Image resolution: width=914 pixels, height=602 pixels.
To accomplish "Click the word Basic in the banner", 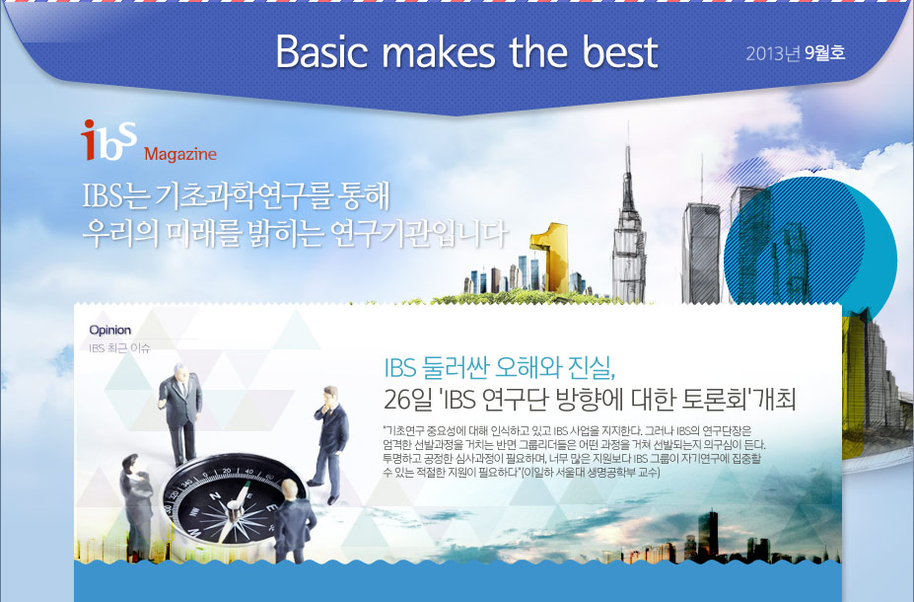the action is click(x=321, y=52).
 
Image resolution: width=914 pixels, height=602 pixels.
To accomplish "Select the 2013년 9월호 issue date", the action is click(x=795, y=53).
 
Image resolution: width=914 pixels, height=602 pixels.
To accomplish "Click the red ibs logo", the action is click(x=109, y=140).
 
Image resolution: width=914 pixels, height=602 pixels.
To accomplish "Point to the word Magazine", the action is click(x=180, y=154).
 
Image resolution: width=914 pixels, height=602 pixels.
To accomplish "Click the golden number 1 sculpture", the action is click(x=550, y=256).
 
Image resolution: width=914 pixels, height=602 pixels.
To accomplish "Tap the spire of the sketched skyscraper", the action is click(x=628, y=169).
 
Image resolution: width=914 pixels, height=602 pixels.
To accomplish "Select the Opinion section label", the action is click(x=110, y=331).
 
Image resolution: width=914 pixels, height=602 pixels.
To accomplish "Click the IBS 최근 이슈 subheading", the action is click(x=119, y=348).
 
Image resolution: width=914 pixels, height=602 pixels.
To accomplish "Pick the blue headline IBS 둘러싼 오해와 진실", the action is click(x=500, y=367).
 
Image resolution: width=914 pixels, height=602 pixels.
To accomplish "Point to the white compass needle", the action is click(x=235, y=504).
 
